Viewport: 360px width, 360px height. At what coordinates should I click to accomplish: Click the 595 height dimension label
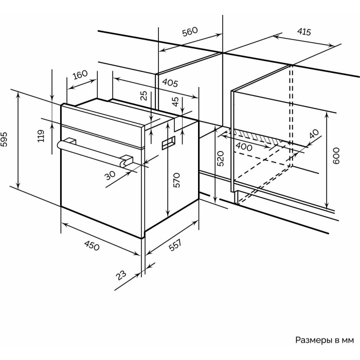coord(5,139)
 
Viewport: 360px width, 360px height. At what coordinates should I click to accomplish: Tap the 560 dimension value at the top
coord(190,32)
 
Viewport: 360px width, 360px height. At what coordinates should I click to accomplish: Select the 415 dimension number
coord(304,32)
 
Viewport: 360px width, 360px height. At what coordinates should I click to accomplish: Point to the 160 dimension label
coord(80,75)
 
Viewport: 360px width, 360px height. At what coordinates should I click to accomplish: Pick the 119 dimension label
coord(41,136)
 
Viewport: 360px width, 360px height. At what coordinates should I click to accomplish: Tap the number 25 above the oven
coord(143,96)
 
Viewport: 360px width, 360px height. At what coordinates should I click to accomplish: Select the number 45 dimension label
coord(175,101)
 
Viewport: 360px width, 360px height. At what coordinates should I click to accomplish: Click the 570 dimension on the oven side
coord(176,180)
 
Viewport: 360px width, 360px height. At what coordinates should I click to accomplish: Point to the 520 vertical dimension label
coord(220,158)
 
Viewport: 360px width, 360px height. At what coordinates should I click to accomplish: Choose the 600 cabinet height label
coord(336,156)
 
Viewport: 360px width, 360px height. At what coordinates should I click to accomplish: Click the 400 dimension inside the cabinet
coord(244,147)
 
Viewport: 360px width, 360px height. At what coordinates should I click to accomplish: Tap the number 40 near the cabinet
coord(314,134)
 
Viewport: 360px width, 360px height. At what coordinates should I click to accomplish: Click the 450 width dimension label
coord(92,245)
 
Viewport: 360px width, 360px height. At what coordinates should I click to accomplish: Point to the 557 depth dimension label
coord(175,245)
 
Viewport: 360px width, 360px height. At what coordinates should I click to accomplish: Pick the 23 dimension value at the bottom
coord(121,275)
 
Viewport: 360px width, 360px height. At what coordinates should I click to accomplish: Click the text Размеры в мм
coord(325,340)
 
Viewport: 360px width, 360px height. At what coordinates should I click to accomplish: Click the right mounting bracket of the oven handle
coord(127,160)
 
